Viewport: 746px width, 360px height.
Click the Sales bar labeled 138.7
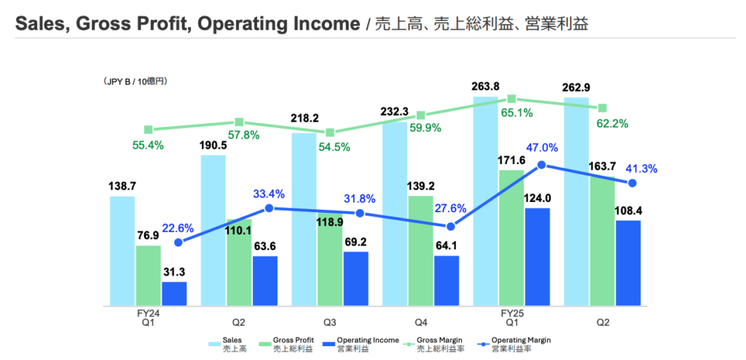(x=122, y=250)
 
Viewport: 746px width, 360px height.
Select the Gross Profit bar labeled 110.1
(x=239, y=262)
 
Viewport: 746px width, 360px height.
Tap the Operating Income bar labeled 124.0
(x=537, y=256)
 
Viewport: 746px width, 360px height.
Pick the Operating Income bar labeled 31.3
(x=174, y=293)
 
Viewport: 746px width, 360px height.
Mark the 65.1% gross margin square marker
(x=511, y=98)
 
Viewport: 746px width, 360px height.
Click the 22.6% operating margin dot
(x=179, y=242)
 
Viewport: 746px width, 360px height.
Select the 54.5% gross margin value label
(x=335, y=146)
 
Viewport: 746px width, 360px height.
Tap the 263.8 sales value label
(x=485, y=87)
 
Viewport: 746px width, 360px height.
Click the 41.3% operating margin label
(x=641, y=168)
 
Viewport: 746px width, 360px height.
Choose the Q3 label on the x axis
(x=330, y=322)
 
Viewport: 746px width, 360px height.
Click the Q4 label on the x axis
(x=420, y=322)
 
